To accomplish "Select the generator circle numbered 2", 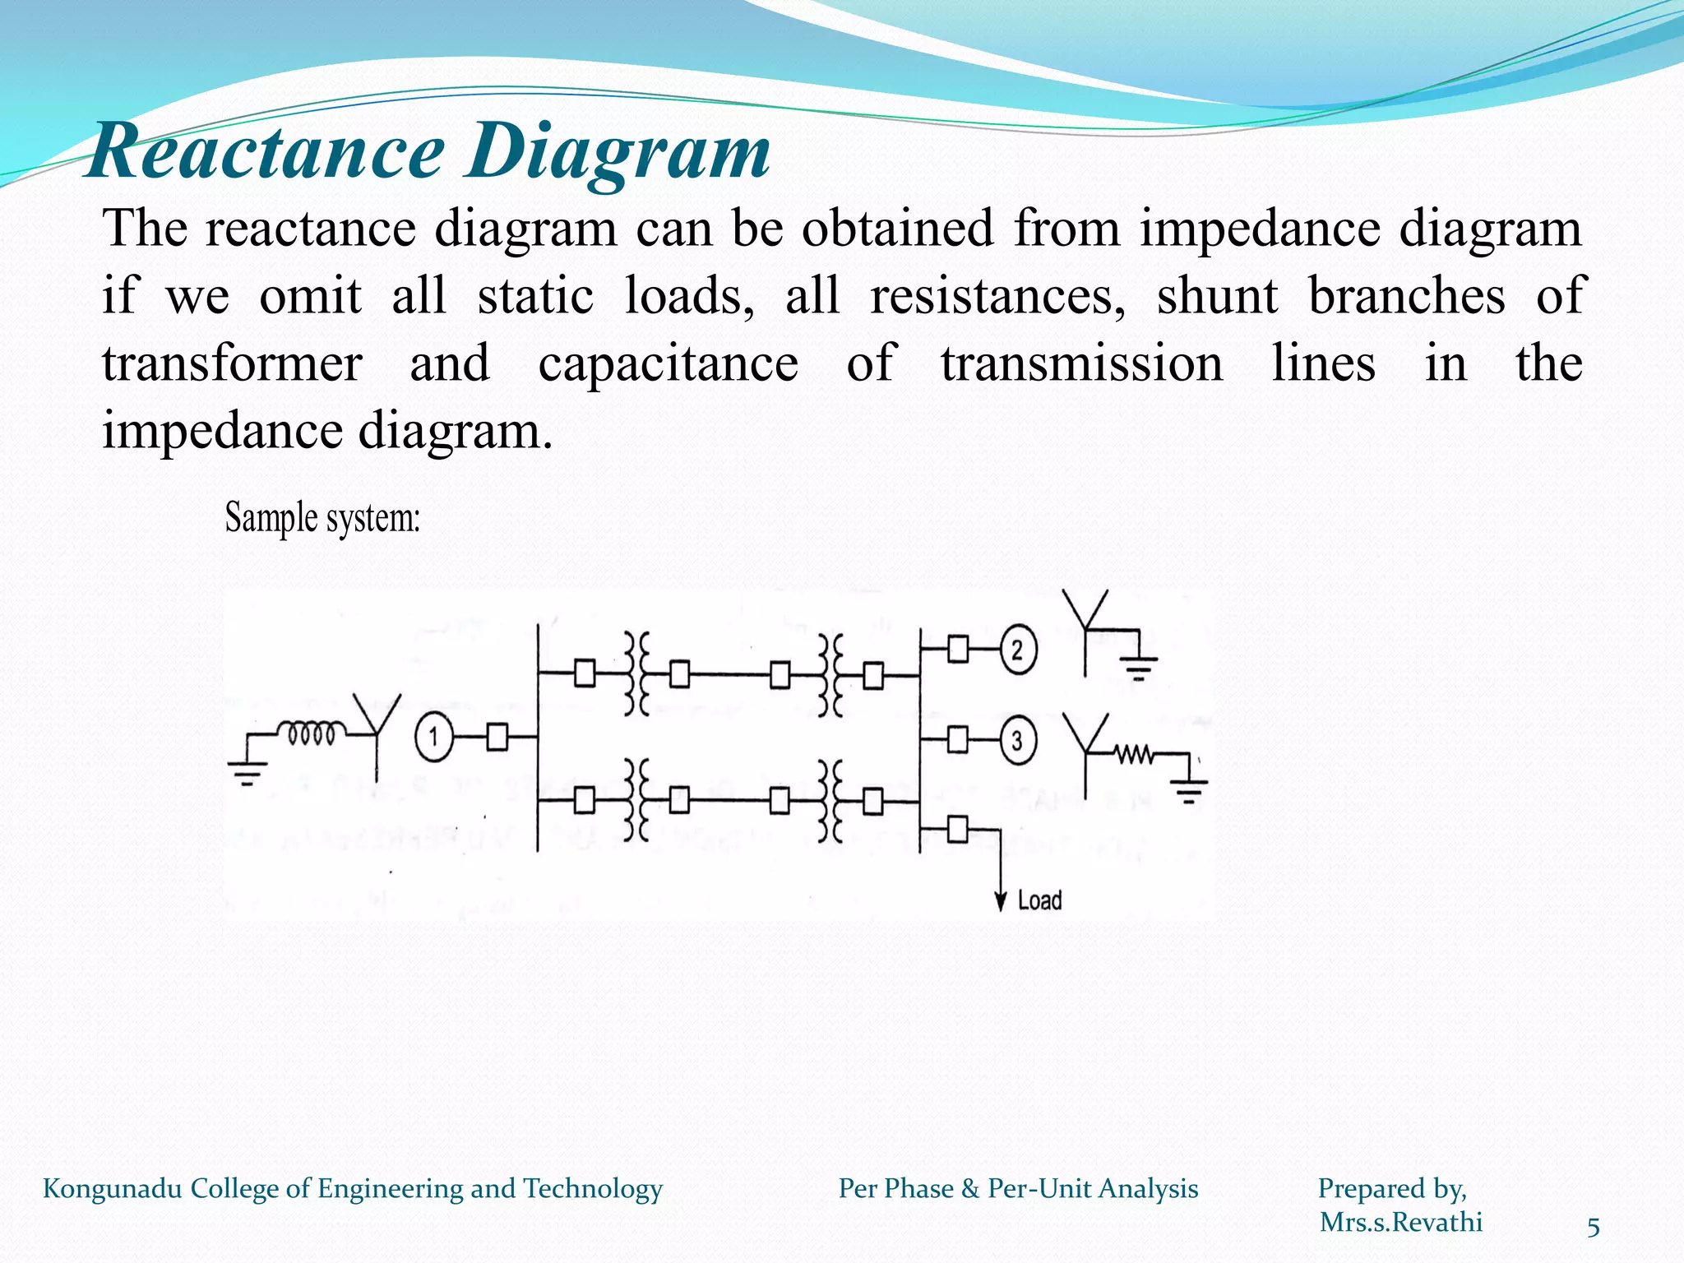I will pos(1018,651).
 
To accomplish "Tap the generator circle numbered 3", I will pos(1018,741).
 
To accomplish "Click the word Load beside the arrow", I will pos(1040,901).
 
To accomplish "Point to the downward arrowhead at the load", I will pos(1001,902).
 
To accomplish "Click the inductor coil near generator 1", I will pos(312,732).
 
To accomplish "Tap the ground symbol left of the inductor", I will pos(248,773).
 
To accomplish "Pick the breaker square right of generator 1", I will pos(497,737).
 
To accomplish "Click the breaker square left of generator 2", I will pos(958,650).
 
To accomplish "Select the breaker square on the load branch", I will pos(958,829).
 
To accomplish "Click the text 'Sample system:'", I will pos(322,518).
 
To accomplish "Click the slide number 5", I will pos(1593,1228).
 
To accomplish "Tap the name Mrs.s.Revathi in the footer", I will pos(1401,1223).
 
